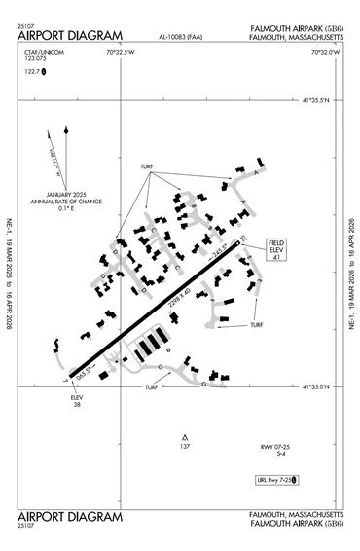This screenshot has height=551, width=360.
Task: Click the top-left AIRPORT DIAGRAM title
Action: point(70,36)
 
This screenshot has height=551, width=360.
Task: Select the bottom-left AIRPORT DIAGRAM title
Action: point(70,515)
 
